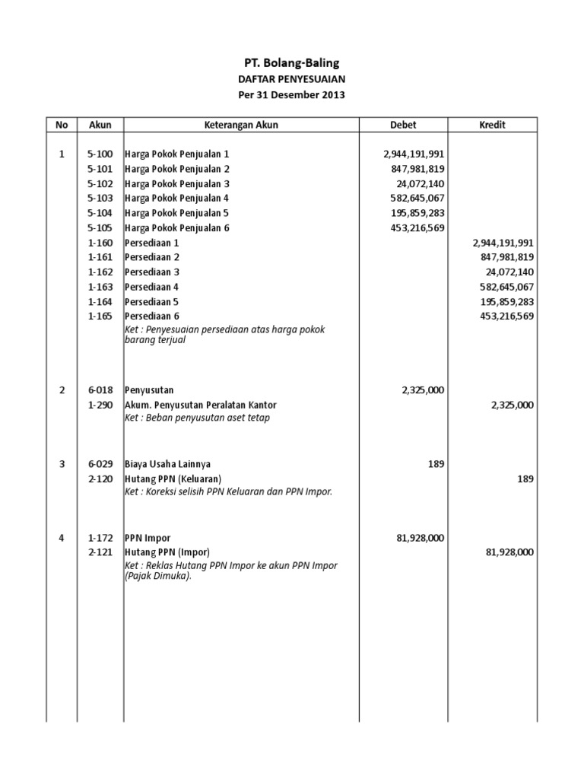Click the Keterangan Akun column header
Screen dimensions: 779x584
click(241, 125)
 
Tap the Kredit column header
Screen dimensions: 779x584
click(492, 125)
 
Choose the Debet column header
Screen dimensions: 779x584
click(402, 125)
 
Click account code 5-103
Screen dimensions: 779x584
click(100, 199)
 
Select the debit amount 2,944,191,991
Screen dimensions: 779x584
click(413, 154)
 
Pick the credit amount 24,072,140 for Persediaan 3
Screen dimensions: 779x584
click(509, 272)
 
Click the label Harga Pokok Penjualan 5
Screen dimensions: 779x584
click(177, 213)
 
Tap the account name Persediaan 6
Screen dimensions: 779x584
click(152, 316)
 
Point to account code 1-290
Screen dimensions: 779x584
click(100, 405)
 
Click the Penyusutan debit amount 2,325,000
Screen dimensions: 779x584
click(422, 390)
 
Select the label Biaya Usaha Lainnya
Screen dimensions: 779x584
click(168, 464)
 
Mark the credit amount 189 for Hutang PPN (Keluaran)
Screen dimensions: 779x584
click(525, 479)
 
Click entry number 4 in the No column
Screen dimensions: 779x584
click(62, 538)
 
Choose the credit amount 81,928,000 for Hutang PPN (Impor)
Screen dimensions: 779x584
click(509, 552)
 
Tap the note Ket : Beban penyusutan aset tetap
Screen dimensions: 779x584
click(197, 418)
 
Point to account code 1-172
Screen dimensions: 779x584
click(100, 538)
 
